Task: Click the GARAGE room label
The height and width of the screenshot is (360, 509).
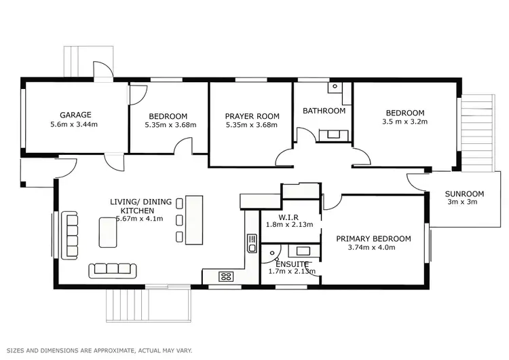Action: [x=75, y=115]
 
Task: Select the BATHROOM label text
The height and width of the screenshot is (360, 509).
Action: [x=324, y=111]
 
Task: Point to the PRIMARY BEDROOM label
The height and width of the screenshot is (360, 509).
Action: [x=374, y=238]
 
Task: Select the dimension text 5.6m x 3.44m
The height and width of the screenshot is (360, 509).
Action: [x=75, y=125]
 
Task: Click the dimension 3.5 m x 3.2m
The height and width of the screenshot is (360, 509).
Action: [x=405, y=122]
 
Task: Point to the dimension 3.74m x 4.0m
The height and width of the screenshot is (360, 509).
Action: [x=372, y=248]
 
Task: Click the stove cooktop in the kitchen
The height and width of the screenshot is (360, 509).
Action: [x=225, y=276]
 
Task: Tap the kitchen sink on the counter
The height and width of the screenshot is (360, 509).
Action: [x=252, y=243]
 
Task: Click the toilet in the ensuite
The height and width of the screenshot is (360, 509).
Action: [x=272, y=255]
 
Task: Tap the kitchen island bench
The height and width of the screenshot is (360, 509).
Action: [x=194, y=219]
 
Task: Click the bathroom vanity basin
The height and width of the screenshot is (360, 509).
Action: [x=333, y=134]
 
